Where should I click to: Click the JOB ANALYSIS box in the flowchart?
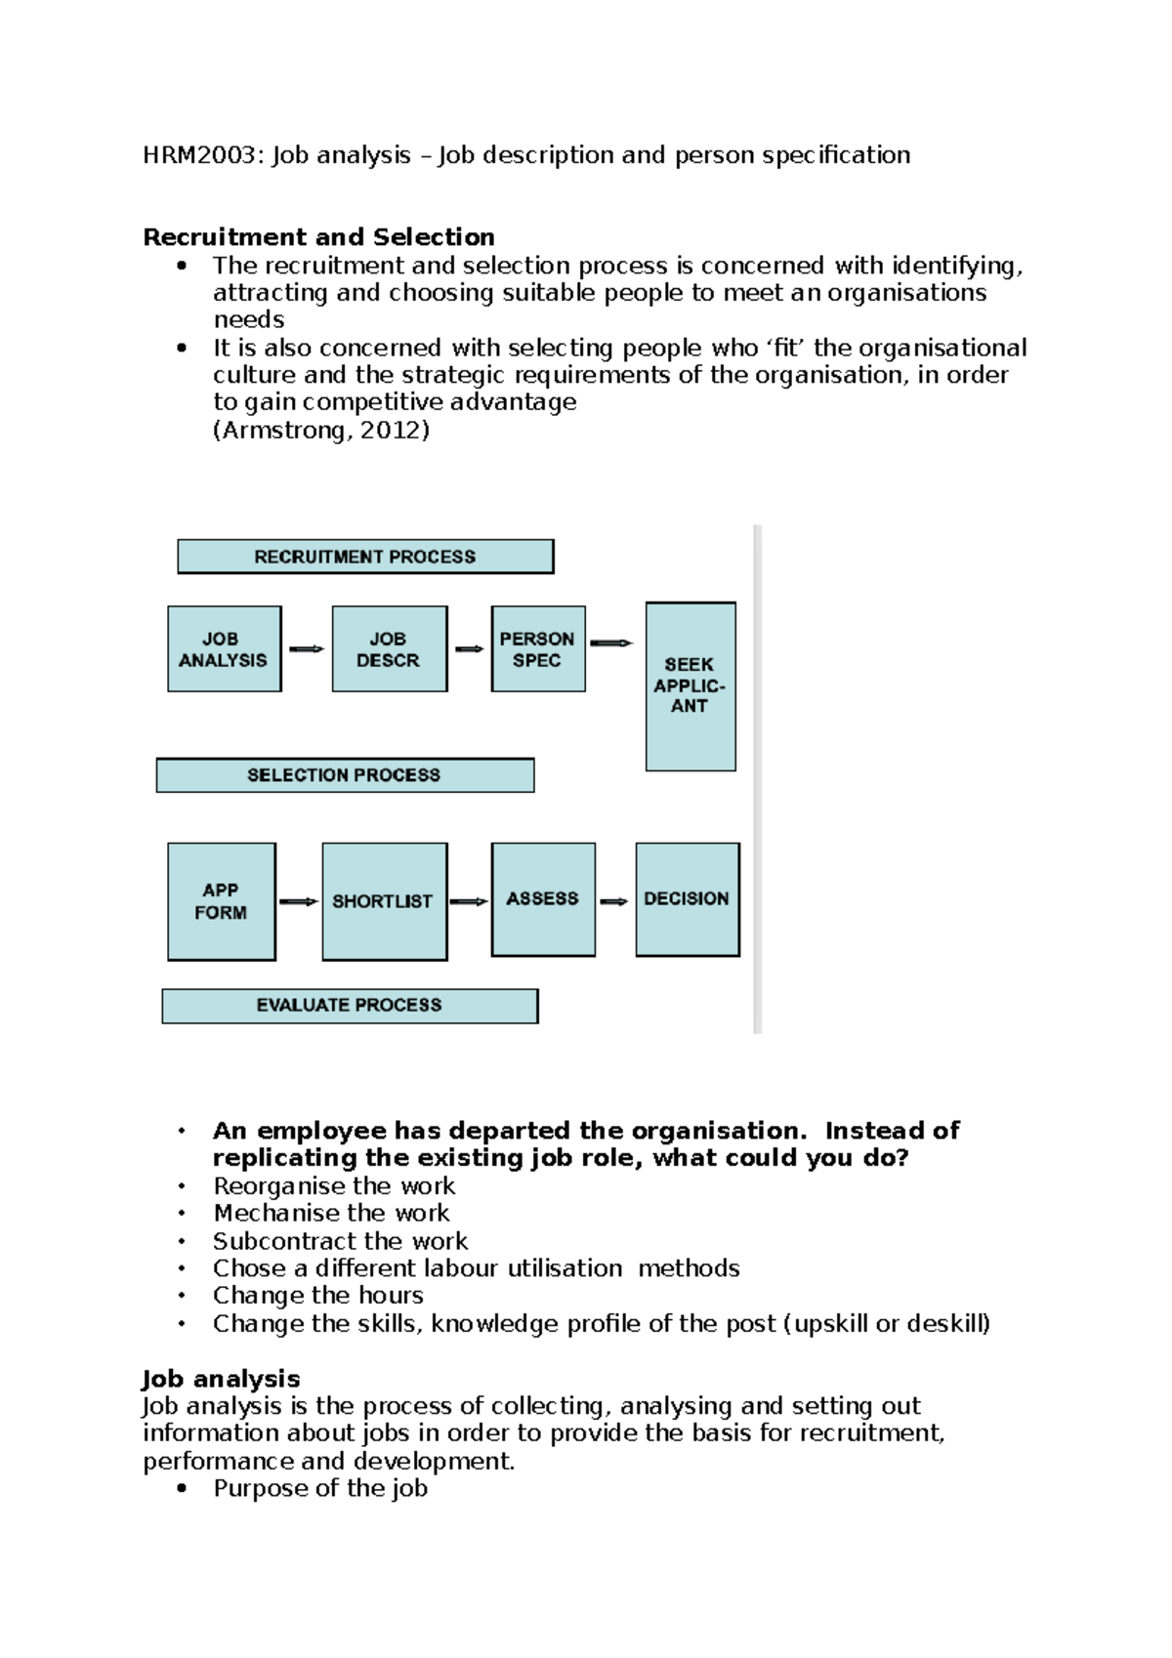coord(224,649)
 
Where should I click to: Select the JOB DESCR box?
coord(389,649)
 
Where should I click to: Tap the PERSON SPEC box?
coord(538,649)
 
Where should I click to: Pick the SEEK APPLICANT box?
coord(690,686)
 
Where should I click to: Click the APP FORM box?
coord(221,901)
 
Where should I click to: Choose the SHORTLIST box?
coord(384,901)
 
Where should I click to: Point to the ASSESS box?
coord(543,898)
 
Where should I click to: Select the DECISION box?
coord(687,898)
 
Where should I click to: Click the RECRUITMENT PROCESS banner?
coord(365,557)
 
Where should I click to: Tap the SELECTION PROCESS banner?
coord(345,775)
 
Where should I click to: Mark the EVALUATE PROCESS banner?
coord(350,1006)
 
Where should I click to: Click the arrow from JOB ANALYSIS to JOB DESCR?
coord(307,649)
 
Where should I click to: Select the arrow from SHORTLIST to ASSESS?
coord(469,901)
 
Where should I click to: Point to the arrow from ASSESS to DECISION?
coord(614,901)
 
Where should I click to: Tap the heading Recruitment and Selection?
coord(318,237)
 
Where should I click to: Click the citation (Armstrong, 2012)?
coord(321,431)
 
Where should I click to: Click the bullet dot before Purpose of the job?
coord(181,1489)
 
